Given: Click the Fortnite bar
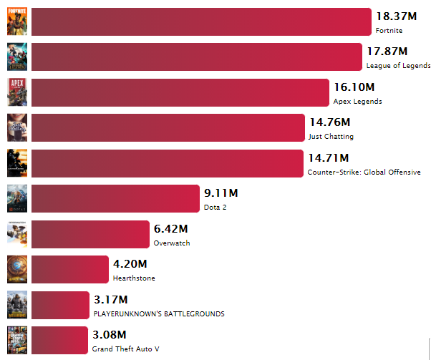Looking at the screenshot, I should [200, 21].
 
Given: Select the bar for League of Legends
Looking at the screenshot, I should [196, 57].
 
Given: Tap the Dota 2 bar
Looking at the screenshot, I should [115, 198].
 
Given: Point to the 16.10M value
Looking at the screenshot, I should [354, 87].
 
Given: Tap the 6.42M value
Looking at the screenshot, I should [170, 228].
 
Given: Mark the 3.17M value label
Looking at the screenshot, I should [110, 299].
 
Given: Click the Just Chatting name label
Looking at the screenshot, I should [330, 137].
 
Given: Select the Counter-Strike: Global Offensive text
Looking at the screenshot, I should [364, 172].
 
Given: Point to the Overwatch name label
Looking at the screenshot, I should [172, 243].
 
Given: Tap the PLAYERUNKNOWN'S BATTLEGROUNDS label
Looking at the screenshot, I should [159, 314].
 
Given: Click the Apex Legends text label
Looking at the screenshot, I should [357, 102].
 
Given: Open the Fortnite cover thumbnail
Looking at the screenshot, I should [17, 21].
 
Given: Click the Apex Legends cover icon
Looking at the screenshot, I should [17, 92].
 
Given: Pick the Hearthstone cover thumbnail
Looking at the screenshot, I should [17, 269].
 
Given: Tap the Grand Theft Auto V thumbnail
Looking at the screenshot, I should [17, 340].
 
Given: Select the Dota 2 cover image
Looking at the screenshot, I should [17, 198].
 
